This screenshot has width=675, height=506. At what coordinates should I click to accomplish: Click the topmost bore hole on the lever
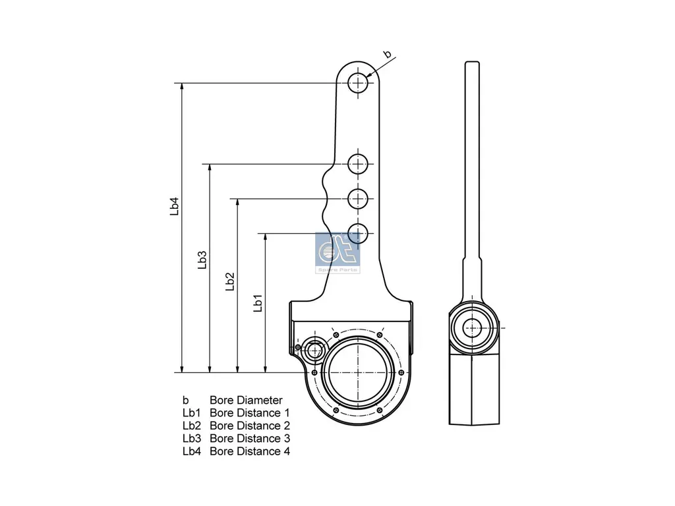[358, 83]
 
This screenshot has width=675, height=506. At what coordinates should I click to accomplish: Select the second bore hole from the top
[358, 164]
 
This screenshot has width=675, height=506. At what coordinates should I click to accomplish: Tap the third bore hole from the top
[358, 198]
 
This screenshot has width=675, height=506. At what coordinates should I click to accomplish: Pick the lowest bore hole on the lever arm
[358, 233]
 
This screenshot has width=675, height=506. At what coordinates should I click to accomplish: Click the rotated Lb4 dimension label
[174, 206]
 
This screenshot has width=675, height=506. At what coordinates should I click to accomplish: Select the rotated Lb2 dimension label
[229, 282]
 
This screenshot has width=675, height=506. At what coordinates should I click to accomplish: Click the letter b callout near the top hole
[388, 54]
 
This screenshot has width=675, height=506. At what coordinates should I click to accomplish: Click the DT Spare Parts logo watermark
[338, 253]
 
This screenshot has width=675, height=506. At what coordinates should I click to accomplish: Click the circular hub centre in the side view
[472, 327]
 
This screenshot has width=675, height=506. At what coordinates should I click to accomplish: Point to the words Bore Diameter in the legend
[246, 400]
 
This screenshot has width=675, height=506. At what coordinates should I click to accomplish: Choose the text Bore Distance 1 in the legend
[250, 413]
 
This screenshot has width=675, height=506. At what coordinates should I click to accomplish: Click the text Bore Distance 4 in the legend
[250, 451]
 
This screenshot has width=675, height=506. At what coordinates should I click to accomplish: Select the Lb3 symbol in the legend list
[191, 439]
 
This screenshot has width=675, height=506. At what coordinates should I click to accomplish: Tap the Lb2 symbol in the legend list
[191, 426]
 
